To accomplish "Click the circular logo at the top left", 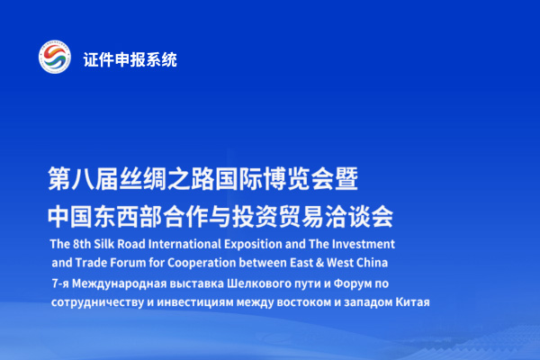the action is [55, 57].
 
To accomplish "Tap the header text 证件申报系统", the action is [130, 59].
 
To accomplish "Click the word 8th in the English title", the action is [82, 244].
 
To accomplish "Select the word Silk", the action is [104, 244].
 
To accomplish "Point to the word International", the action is [184, 244].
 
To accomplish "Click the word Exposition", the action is [253, 245].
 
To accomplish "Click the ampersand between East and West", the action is [319, 263].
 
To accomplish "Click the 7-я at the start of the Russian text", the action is [60, 283].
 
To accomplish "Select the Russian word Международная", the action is [119, 283].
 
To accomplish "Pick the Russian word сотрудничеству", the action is [97, 302].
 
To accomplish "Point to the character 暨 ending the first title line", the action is [346, 179].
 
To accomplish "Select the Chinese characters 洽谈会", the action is [359, 217].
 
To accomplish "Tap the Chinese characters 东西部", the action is [128, 217].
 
